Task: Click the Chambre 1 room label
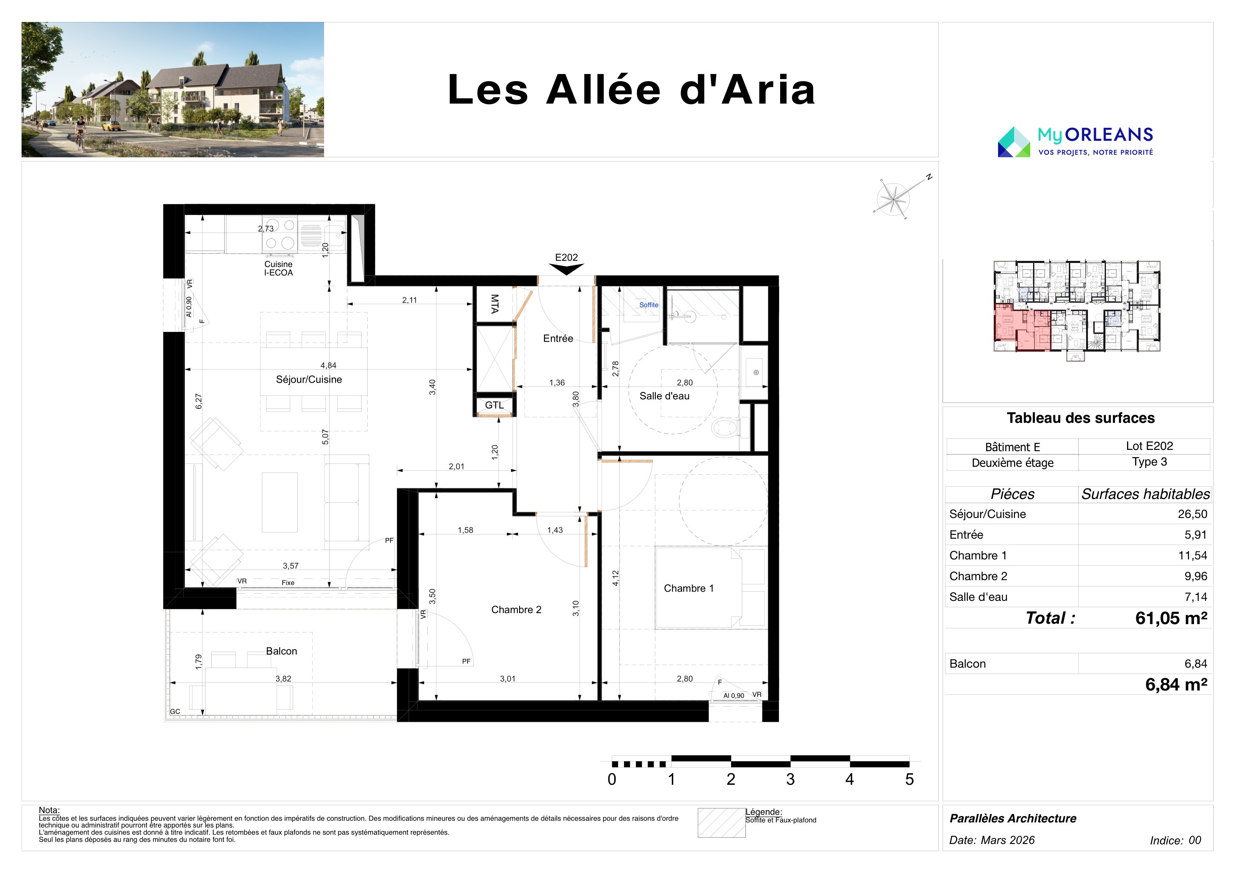pyautogui.click(x=689, y=588)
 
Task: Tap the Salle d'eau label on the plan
pyautogui.click(x=664, y=396)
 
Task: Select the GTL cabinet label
pyautogui.click(x=494, y=405)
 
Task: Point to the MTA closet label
pyautogui.click(x=495, y=304)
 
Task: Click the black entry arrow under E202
pyautogui.click(x=566, y=269)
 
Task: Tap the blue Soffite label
pyautogui.click(x=649, y=305)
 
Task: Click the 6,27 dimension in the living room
pyautogui.click(x=198, y=401)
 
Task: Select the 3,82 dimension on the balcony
pyautogui.click(x=283, y=679)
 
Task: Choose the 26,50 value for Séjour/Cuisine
pyautogui.click(x=1192, y=514)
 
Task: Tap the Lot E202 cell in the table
pyautogui.click(x=1149, y=446)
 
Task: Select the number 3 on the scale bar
pyautogui.click(x=790, y=779)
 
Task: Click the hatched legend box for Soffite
pyautogui.click(x=721, y=823)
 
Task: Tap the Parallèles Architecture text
pyautogui.click(x=1013, y=819)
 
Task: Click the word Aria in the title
pyautogui.click(x=768, y=90)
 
